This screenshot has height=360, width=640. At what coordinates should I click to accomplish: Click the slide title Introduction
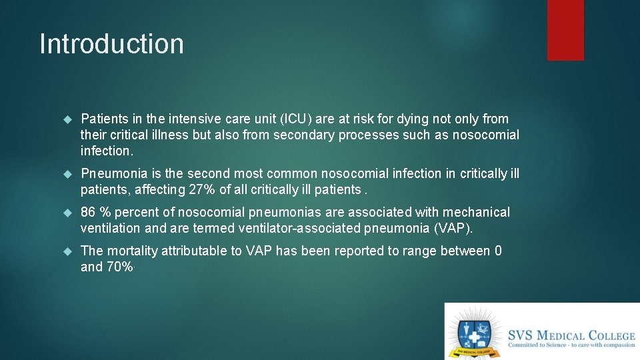111,44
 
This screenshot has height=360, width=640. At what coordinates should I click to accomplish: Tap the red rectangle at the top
565,29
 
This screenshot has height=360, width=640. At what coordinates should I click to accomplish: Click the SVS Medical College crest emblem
474,332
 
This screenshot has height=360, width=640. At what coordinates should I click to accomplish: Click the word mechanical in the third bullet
477,213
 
